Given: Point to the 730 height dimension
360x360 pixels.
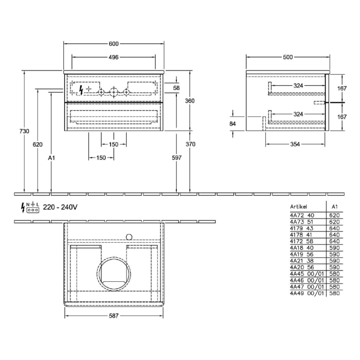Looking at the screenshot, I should click(18, 132).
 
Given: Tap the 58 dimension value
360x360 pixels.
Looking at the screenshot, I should click(176, 88).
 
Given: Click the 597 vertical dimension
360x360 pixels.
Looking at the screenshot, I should click(177, 158).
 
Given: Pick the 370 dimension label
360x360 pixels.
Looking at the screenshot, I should click(190, 145).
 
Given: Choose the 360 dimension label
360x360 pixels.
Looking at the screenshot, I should click(190, 101).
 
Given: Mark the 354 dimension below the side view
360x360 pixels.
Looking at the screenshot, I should click(294, 144).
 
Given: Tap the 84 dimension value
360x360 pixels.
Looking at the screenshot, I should click(232, 124).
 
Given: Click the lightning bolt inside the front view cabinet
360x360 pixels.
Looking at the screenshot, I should click(80, 89).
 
